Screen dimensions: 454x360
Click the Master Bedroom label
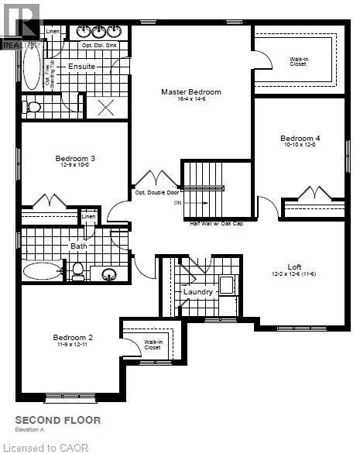[x=190, y=92]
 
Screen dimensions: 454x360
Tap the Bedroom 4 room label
[x=300, y=139]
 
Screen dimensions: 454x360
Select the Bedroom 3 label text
[x=75, y=158]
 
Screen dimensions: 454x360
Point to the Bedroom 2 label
[x=73, y=337]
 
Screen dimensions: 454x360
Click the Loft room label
[x=294, y=267]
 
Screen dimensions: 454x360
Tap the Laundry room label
[x=198, y=292]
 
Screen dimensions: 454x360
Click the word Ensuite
[x=81, y=67]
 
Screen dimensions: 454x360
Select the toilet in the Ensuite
[x=33, y=108]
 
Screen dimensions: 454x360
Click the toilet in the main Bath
[x=77, y=270]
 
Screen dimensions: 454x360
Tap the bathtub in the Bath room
[x=42, y=271]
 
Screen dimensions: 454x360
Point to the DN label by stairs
[x=177, y=203]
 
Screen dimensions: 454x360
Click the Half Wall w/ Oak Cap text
[x=217, y=223]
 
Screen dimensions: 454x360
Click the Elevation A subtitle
[x=33, y=430]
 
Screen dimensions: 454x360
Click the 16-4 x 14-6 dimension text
[x=190, y=100]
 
